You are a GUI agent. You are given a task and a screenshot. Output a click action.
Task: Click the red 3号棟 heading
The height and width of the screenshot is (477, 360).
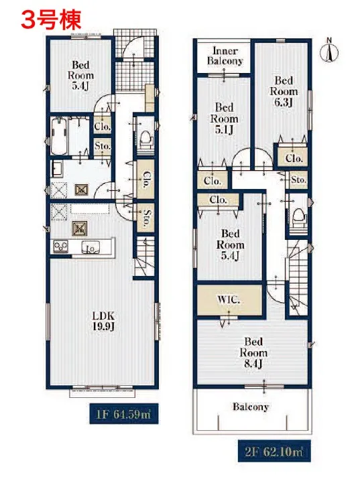[51, 19]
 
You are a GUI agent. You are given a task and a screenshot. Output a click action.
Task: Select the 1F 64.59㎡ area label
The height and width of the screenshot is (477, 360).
[123, 414]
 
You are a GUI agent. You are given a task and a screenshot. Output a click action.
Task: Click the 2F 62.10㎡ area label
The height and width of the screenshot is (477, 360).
[274, 451]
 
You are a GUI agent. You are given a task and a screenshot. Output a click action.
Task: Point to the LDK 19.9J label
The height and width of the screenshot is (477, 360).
[104, 321]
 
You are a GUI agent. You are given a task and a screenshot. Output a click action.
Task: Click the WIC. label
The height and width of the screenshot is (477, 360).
[229, 299]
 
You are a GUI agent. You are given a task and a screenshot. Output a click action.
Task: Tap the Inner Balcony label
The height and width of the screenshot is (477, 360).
[225, 56]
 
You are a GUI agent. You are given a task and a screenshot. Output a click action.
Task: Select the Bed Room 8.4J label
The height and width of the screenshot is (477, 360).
[253, 352]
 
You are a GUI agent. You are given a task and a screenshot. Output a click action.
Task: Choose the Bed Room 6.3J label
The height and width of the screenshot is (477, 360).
[284, 91]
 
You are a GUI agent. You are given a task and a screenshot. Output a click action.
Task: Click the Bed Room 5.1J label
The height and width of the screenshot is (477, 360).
[225, 119]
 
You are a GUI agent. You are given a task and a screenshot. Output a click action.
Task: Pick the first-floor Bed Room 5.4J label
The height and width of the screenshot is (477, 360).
[80, 75]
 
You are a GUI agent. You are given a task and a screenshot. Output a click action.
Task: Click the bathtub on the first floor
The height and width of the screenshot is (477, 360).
[59, 136]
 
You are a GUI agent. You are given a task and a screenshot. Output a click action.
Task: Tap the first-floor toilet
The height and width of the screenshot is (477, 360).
[145, 139]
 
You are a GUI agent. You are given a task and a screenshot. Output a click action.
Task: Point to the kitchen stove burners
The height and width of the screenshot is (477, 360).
[61, 246]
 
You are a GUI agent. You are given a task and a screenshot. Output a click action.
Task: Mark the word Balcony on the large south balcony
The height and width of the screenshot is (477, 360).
[251, 407]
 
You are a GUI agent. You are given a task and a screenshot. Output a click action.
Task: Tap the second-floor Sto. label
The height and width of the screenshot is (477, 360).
[298, 180]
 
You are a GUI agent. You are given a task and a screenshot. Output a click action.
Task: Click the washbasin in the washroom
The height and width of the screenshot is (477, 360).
[56, 169]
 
